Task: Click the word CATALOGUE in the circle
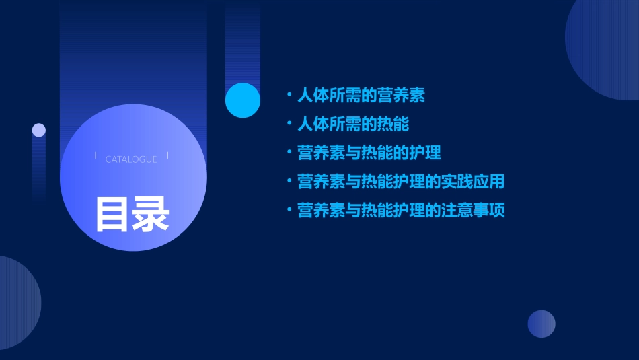(131, 159)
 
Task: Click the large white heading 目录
(132, 213)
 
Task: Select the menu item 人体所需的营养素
(361, 95)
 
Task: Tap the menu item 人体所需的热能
(352, 124)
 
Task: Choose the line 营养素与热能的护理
(369, 153)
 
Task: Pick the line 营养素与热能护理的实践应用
(400, 182)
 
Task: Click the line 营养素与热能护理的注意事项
(400, 211)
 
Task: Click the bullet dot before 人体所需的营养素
(289, 95)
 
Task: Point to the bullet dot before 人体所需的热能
(289, 124)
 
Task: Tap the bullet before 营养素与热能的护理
(289, 153)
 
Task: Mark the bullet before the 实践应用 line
(289, 182)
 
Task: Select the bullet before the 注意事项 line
(289, 211)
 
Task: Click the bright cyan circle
(243, 100)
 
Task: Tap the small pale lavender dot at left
(39, 130)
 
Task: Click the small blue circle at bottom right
(541, 324)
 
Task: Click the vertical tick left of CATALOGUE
(96, 156)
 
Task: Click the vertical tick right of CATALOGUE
(167, 156)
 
